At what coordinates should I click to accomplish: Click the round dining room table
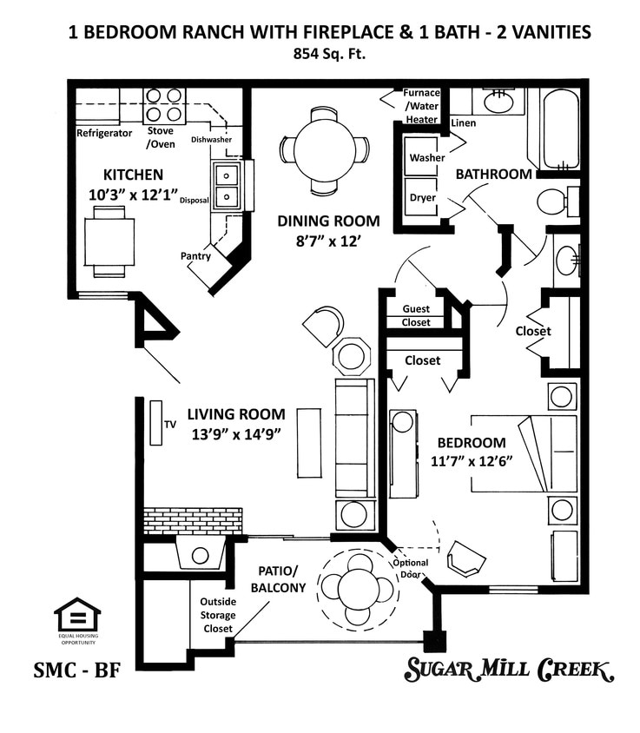[x=324, y=149]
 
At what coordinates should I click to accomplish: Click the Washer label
[x=426, y=158]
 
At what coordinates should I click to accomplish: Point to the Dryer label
[x=422, y=197]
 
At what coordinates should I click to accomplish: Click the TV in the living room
[x=156, y=423]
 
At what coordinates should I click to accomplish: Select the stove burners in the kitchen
[x=164, y=104]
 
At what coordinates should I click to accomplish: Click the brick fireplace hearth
[x=192, y=521]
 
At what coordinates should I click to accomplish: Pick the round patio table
[x=358, y=590]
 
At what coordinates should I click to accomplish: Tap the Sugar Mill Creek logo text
[x=509, y=670]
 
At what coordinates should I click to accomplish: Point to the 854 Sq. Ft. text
[x=330, y=54]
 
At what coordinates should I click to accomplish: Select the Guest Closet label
[x=416, y=315]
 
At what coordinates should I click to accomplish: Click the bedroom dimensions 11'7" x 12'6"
[x=470, y=460]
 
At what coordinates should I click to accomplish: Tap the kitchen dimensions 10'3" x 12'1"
[x=132, y=193]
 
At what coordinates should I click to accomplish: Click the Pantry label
[x=195, y=256]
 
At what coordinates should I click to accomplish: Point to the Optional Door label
[x=411, y=568]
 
